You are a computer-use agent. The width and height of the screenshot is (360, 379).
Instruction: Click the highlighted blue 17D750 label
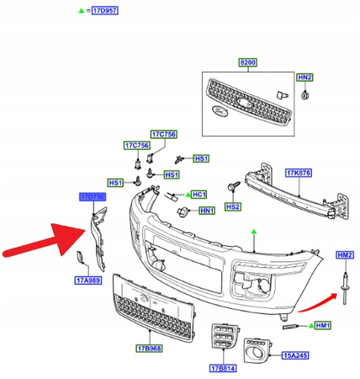tap(93, 196)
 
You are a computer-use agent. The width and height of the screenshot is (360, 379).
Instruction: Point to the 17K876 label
tap(298, 173)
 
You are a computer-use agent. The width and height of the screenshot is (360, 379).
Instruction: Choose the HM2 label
tap(344, 255)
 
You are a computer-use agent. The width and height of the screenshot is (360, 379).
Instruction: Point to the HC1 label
tap(199, 194)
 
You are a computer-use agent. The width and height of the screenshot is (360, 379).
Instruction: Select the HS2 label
tap(232, 206)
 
